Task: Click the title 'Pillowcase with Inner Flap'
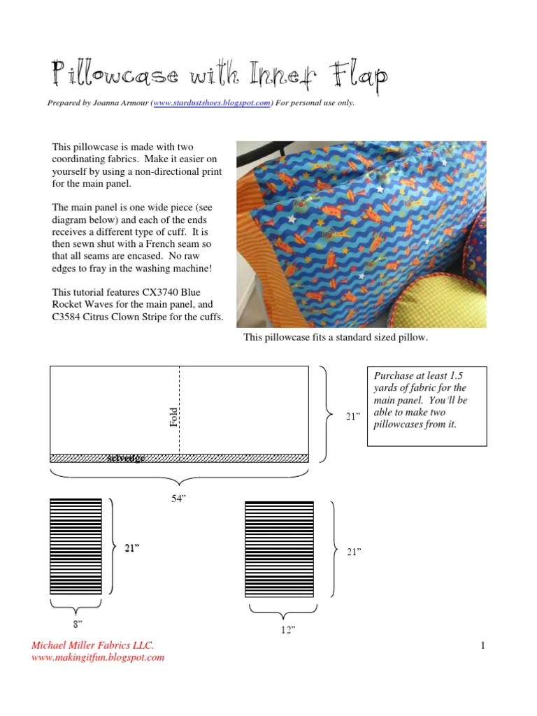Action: pyautogui.click(x=219, y=76)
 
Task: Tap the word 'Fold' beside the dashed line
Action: pyautogui.click(x=174, y=417)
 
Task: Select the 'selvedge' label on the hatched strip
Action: pyautogui.click(x=127, y=459)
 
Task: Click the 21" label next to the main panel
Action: pyautogui.click(x=352, y=417)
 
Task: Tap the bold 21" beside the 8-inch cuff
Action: pyautogui.click(x=132, y=549)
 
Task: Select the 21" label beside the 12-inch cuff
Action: pyautogui.click(x=354, y=552)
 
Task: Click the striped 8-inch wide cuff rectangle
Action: pyautogui.click(x=76, y=547)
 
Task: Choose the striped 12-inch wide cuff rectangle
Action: pyautogui.click(x=279, y=549)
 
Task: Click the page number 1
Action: pyautogui.click(x=482, y=645)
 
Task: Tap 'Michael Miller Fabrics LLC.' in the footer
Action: pyautogui.click(x=92, y=645)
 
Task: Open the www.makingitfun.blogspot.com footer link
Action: pyautogui.click(x=98, y=657)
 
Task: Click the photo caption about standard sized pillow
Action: pyautogui.click(x=335, y=338)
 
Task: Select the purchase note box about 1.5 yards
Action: pyautogui.click(x=427, y=406)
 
